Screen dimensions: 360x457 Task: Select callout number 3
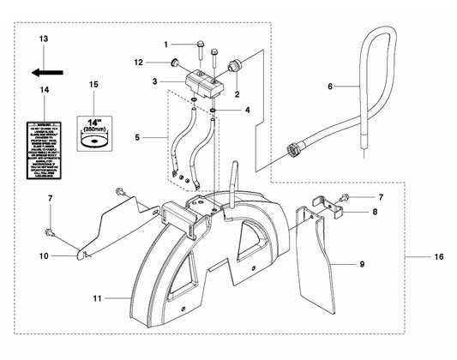coord(153,80)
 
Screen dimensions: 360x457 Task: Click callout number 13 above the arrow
coord(45,39)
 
